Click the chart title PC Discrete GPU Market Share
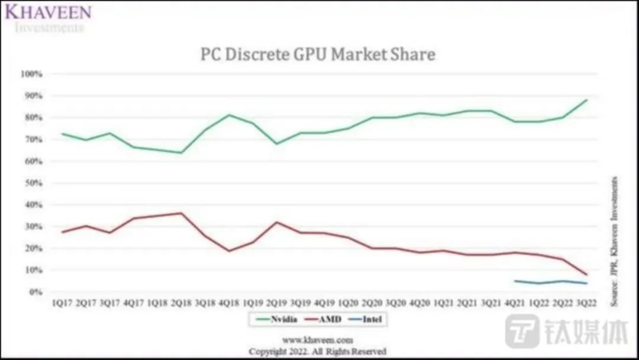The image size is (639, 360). point(318,54)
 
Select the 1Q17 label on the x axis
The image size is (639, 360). point(63,303)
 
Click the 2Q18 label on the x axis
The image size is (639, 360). point(181,303)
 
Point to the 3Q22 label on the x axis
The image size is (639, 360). point(586,303)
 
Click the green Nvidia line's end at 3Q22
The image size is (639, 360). point(586,100)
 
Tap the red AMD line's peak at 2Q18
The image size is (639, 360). point(181,213)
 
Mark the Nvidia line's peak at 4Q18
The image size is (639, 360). point(229,115)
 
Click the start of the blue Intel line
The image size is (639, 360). point(515,281)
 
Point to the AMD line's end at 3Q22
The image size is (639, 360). point(586,275)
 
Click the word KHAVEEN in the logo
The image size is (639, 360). point(49,12)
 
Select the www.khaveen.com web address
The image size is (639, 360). point(317,340)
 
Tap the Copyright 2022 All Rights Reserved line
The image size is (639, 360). point(317,351)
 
